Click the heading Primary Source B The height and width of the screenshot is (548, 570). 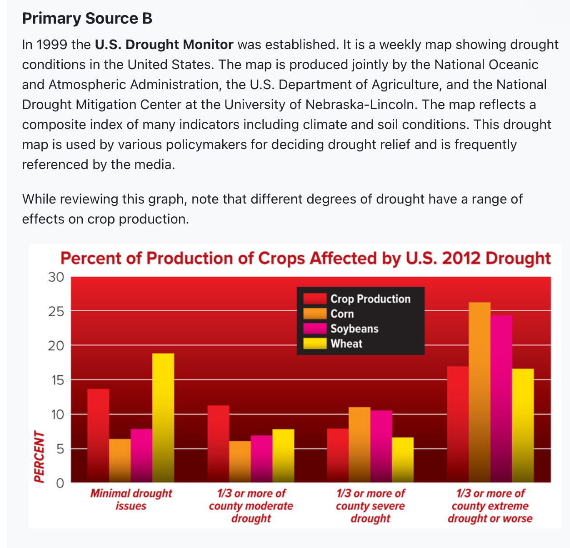point(87,19)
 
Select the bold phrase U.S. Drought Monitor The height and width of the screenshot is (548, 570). point(164,45)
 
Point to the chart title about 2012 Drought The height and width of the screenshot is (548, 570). point(305,258)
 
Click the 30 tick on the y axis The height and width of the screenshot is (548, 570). point(56,277)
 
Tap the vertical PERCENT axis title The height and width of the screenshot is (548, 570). point(40,456)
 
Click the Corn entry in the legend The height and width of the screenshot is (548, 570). point(342,314)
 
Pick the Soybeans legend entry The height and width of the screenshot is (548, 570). point(354,329)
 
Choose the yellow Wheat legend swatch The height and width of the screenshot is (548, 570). point(315,344)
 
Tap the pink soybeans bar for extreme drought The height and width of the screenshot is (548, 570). point(501,398)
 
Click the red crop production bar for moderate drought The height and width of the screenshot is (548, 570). point(218,443)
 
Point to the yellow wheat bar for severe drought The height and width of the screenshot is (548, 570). point(403,459)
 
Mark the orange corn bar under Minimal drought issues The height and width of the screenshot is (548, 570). point(120,460)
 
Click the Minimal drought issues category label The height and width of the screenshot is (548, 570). point(131,499)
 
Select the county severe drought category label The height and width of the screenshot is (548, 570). point(370,506)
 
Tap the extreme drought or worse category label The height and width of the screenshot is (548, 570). point(490,506)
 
